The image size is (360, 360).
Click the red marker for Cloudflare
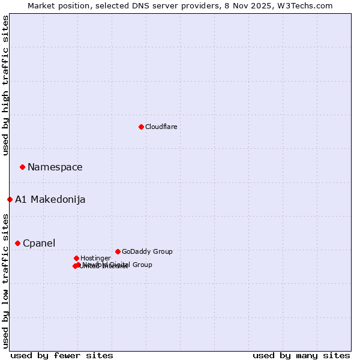point(141,127)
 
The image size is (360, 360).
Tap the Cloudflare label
point(161,127)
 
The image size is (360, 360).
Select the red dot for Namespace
point(22,167)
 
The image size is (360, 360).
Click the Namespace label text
point(55,167)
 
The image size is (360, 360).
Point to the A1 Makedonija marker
point(10,199)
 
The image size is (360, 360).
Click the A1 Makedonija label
point(50,199)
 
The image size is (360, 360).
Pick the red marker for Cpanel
point(17,243)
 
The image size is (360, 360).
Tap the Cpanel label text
point(38,243)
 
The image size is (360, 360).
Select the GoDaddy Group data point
point(118,251)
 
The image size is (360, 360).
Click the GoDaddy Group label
point(146,251)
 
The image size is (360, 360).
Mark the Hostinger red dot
point(76,258)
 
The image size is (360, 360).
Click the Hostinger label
point(95,258)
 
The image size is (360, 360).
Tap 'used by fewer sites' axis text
point(62,355)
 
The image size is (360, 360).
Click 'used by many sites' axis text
point(301,355)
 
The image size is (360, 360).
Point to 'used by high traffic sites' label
point(5,85)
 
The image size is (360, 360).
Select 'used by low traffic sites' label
point(5,280)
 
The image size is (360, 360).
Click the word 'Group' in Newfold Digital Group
point(142,265)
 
